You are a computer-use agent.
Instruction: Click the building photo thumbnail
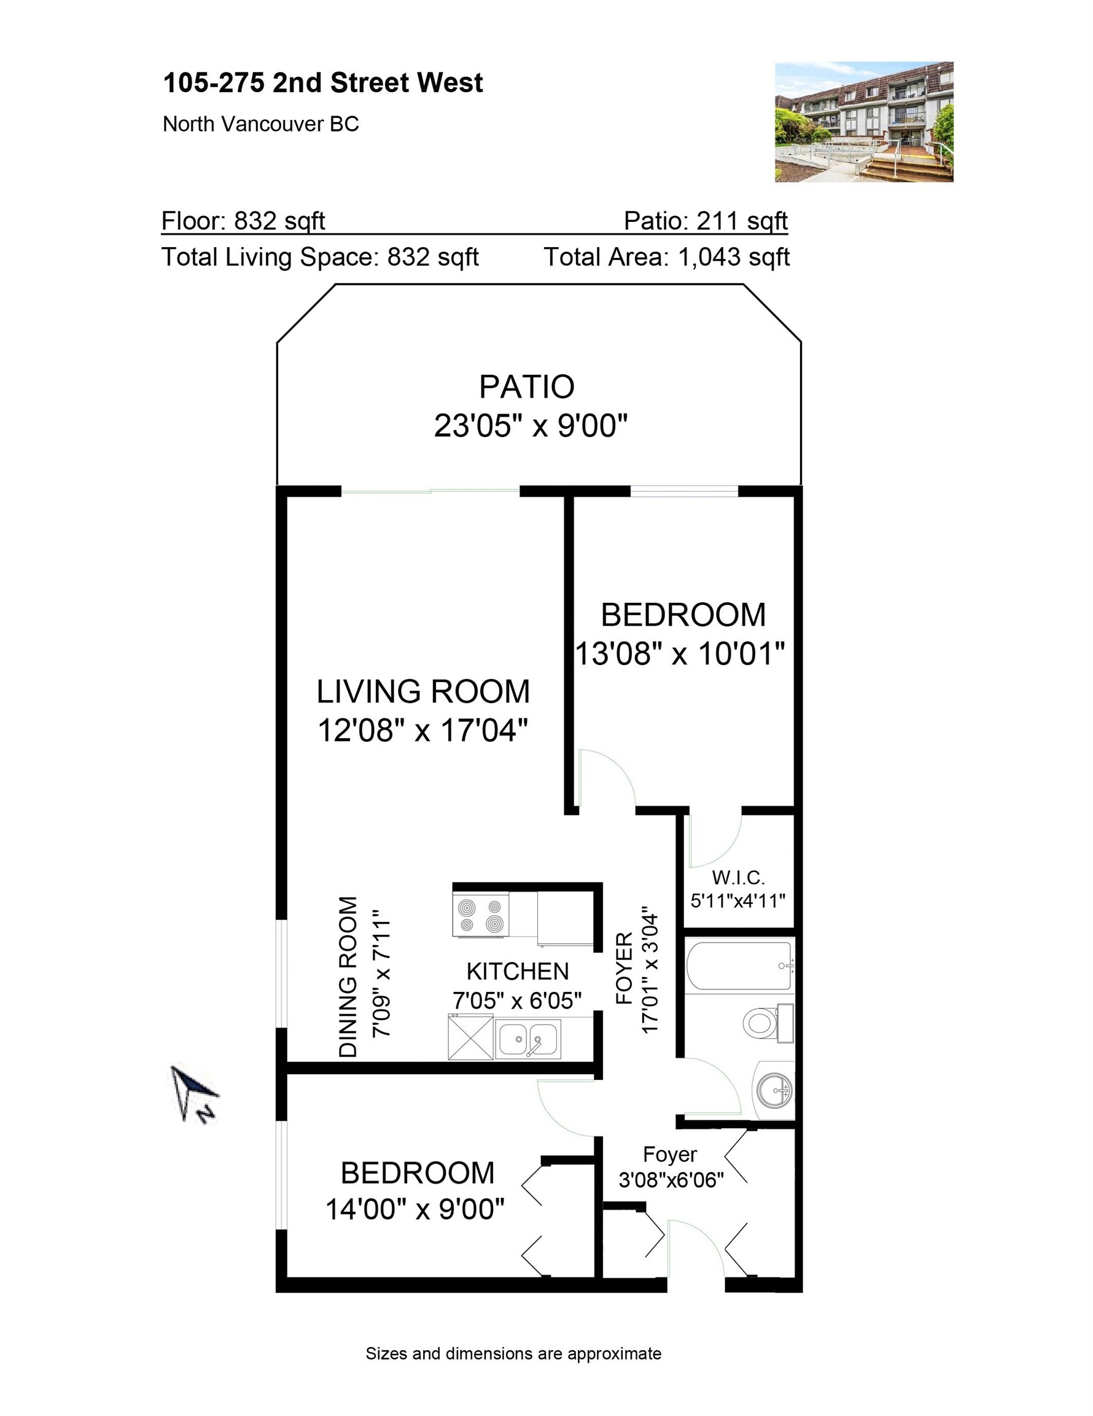[x=863, y=122]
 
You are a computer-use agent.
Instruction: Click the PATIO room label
[x=526, y=387]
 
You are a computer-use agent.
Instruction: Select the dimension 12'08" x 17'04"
[x=422, y=731]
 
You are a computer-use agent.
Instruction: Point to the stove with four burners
[x=480, y=915]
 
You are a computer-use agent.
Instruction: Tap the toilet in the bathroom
[x=764, y=1023]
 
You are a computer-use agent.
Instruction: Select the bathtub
[x=739, y=966]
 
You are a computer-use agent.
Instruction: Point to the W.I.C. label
[x=738, y=878]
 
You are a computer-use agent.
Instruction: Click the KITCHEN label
[x=517, y=971]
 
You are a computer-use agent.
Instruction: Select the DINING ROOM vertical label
[x=348, y=977]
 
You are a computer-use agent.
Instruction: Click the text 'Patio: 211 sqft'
[x=705, y=221]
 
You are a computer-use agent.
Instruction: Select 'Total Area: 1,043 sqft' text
[x=666, y=258]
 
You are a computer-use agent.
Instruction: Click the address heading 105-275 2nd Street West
[x=322, y=83]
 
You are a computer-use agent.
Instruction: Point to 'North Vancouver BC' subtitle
[x=260, y=124]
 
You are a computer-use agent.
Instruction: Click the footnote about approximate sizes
[x=513, y=1354]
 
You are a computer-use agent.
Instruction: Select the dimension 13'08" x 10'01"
[x=680, y=653]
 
